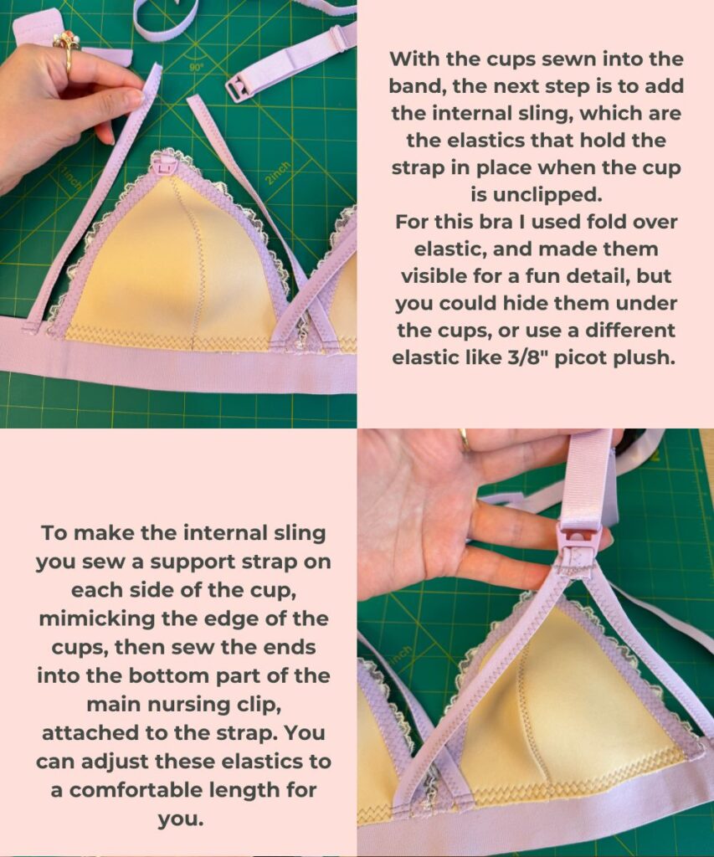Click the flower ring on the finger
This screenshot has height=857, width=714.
click(66, 44)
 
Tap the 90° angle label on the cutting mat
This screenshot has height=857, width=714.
click(196, 67)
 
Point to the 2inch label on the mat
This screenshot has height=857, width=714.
click(278, 172)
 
